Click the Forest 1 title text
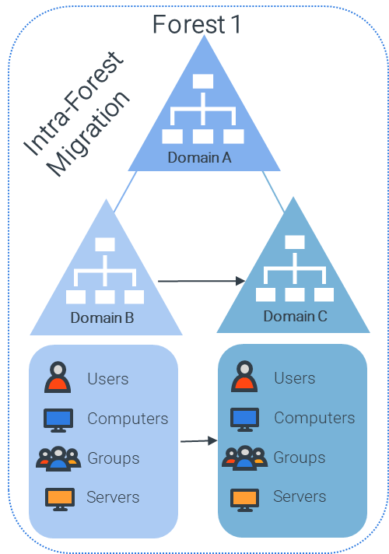(x=197, y=24)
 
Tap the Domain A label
(x=200, y=158)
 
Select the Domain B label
(x=102, y=317)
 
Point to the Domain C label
(x=296, y=316)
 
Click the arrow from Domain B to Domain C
(x=202, y=281)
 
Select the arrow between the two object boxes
(x=199, y=441)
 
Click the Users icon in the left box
(x=58, y=377)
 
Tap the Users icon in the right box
(x=244, y=377)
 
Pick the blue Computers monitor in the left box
(x=58, y=420)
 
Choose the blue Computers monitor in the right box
(x=244, y=419)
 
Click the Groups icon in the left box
(x=58, y=458)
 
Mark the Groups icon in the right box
(x=244, y=458)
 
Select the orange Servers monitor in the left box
(x=60, y=500)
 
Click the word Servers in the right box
(x=300, y=496)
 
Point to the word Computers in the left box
(x=128, y=419)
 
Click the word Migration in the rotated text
(x=89, y=134)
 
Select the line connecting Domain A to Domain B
(x=125, y=192)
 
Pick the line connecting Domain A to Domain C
(x=273, y=191)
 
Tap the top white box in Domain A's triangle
(x=203, y=81)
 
